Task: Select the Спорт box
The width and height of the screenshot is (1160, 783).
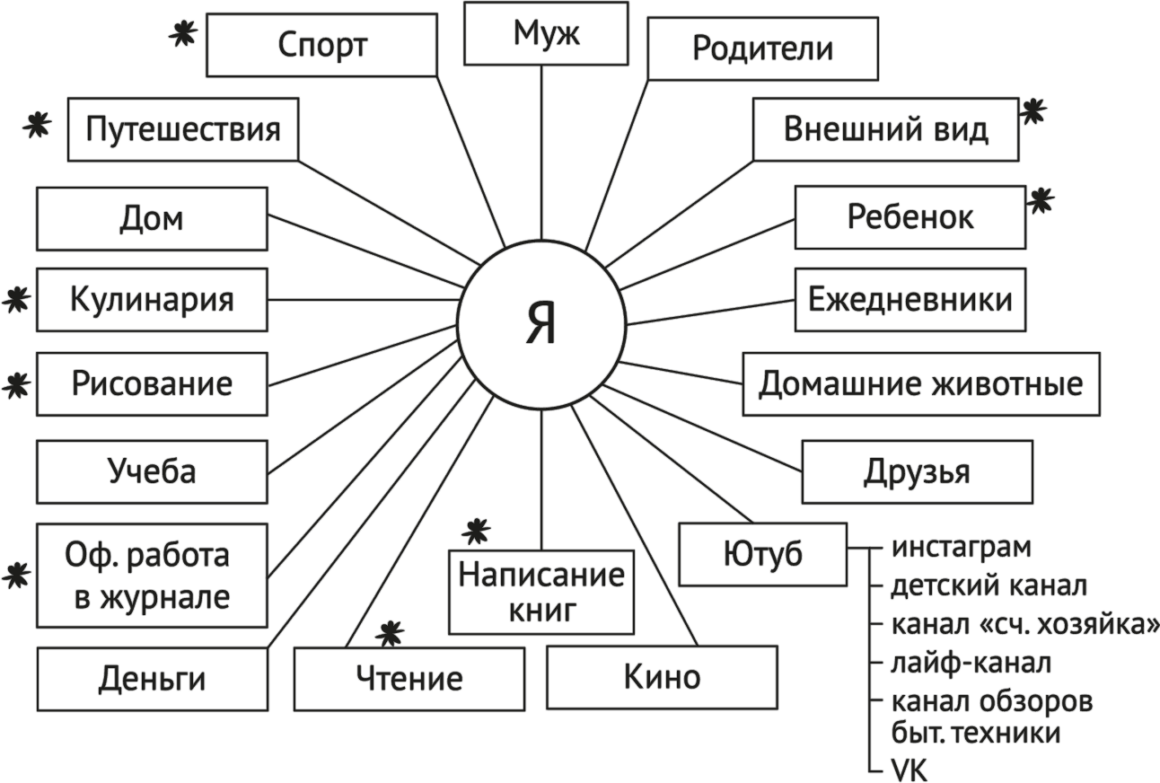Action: tap(322, 45)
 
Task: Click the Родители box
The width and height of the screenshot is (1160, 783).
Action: tap(762, 48)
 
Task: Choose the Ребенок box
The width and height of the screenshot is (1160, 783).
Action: tap(910, 217)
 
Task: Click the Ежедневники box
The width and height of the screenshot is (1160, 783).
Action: tap(910, 299)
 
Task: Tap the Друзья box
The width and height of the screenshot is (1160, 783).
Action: tap(917, 471)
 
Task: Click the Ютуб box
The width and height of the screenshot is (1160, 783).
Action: tap(762, 554)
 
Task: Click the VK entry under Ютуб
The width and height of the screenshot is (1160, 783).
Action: tap(909, 770)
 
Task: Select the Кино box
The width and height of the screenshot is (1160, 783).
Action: tap(662, 677)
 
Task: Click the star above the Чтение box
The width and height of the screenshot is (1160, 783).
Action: tap(389, 634)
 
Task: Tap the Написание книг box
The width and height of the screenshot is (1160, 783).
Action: tap(541, 593)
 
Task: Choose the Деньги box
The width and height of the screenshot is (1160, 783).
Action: tap(153, 680)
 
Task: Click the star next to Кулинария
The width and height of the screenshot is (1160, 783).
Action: tap(15, 301)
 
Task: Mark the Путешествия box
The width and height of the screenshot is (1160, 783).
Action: tap(183, 130)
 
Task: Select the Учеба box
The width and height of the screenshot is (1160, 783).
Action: tap(151, 471)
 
